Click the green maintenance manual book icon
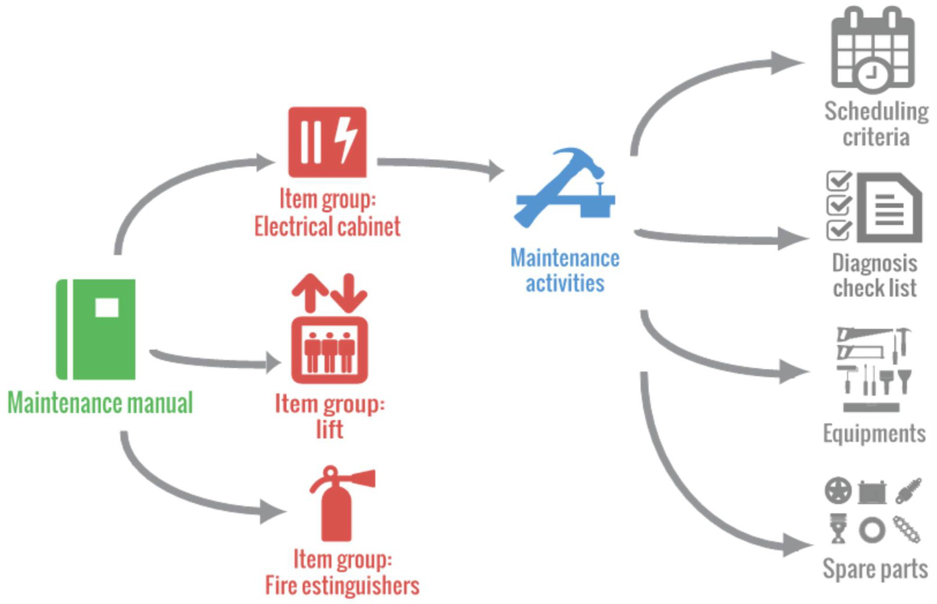tap(96, 329)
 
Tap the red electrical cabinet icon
tap(328, 142)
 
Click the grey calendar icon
tap(873, 49)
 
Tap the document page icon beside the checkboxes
tap(889, 207)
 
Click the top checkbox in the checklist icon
tap(838, 181)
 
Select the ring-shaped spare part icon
tap(871, 530)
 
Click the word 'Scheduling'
tap(876, 111)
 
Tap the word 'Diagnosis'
tap(874, 263)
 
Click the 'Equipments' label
tap(874, 434)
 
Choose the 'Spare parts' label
tap(875, 569)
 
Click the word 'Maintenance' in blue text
tap(565, 258)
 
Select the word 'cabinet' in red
tap(368, 227)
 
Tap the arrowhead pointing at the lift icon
tap(273, 363)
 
